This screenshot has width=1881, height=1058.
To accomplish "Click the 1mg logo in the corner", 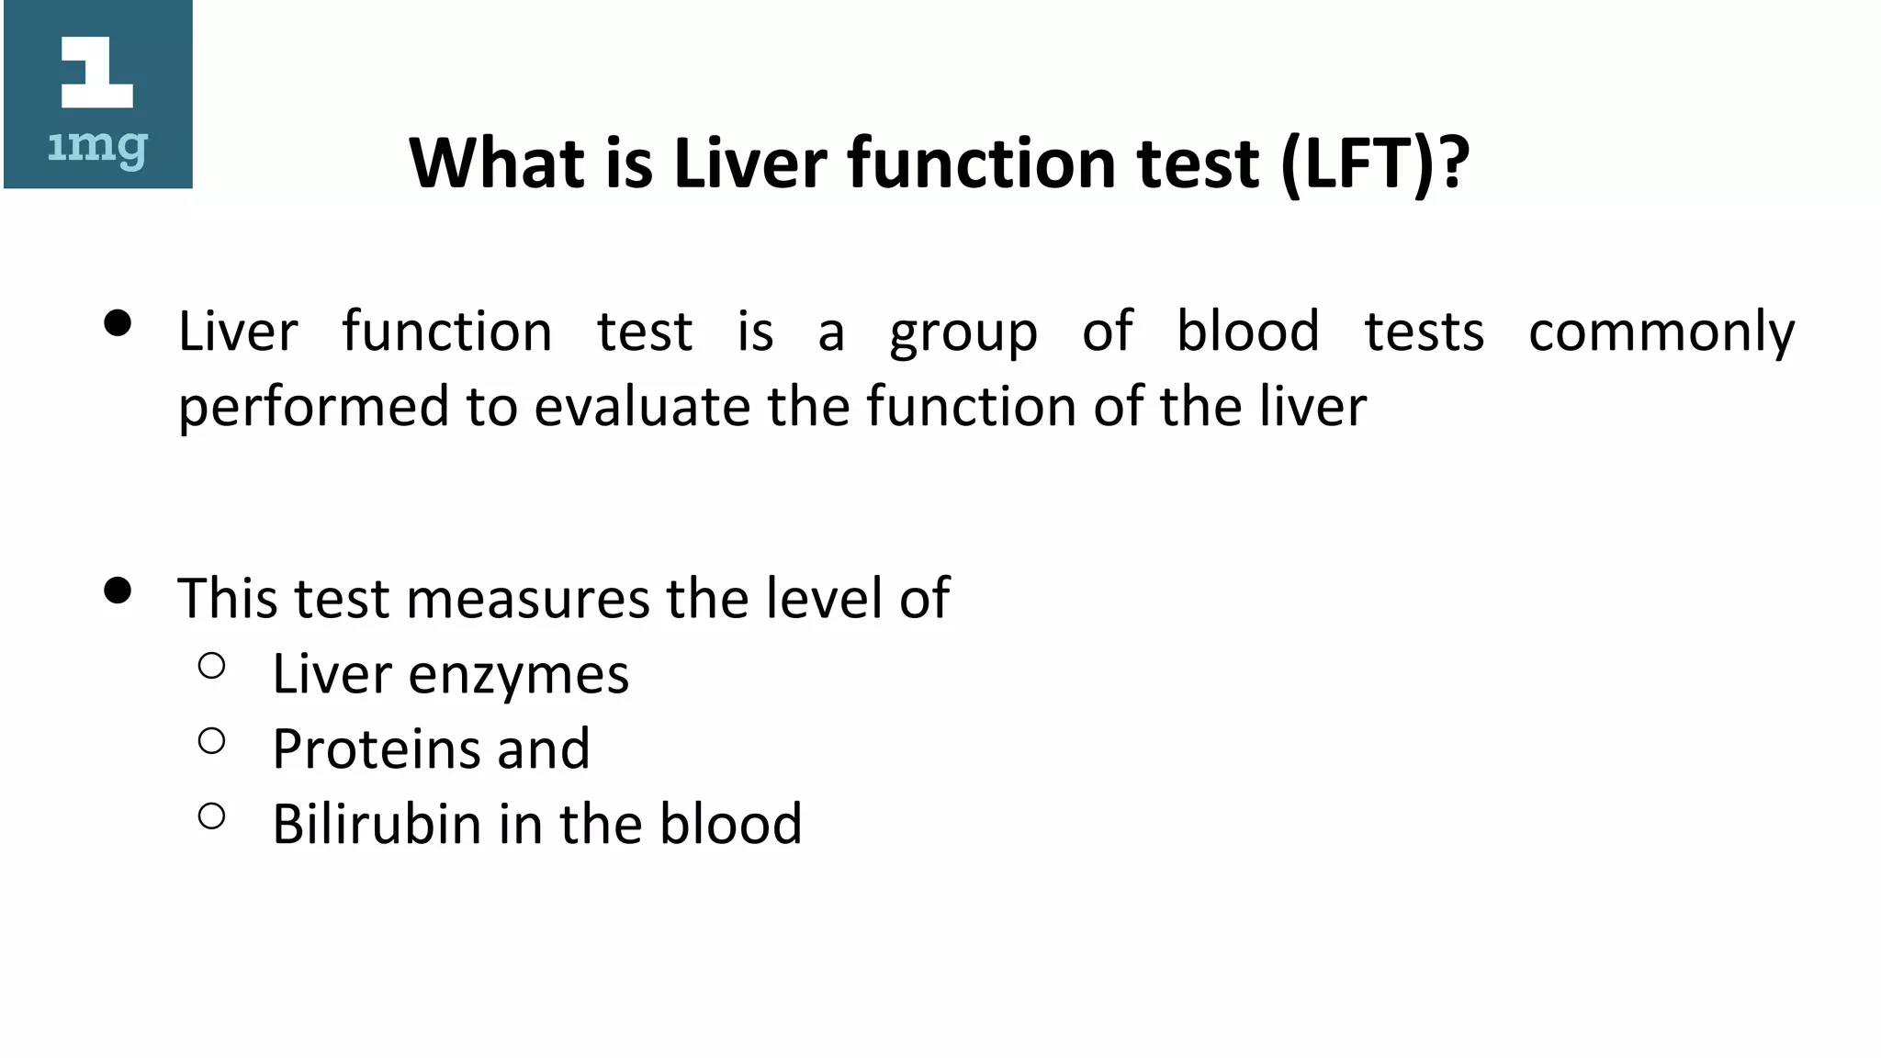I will (x=98, y=96).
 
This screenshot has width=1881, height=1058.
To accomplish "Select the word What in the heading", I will (x=497, y=163).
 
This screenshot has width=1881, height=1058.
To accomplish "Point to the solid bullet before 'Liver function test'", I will (x=118, y=323).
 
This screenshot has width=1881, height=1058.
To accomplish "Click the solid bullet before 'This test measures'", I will (x=118, y=591).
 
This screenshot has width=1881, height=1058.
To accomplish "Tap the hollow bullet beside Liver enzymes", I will (x=212, y=666).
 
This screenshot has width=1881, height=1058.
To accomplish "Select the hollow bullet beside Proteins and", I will (x=212, y=741).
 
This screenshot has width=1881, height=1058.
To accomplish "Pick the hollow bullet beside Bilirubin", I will (x=212, y=816).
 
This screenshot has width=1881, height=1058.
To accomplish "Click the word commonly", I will (x=1661, y=332).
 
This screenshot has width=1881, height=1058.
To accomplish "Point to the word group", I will (x=963, y=332).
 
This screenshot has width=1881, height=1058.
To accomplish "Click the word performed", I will (x=314, y=407).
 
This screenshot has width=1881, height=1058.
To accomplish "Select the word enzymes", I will (x=518, y=675).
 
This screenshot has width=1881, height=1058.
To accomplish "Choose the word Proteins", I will (x=377, y=749).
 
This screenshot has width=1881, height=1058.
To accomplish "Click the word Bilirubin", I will (x=377, y=824).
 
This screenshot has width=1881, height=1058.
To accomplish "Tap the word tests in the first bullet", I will (x=1424, y=332).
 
